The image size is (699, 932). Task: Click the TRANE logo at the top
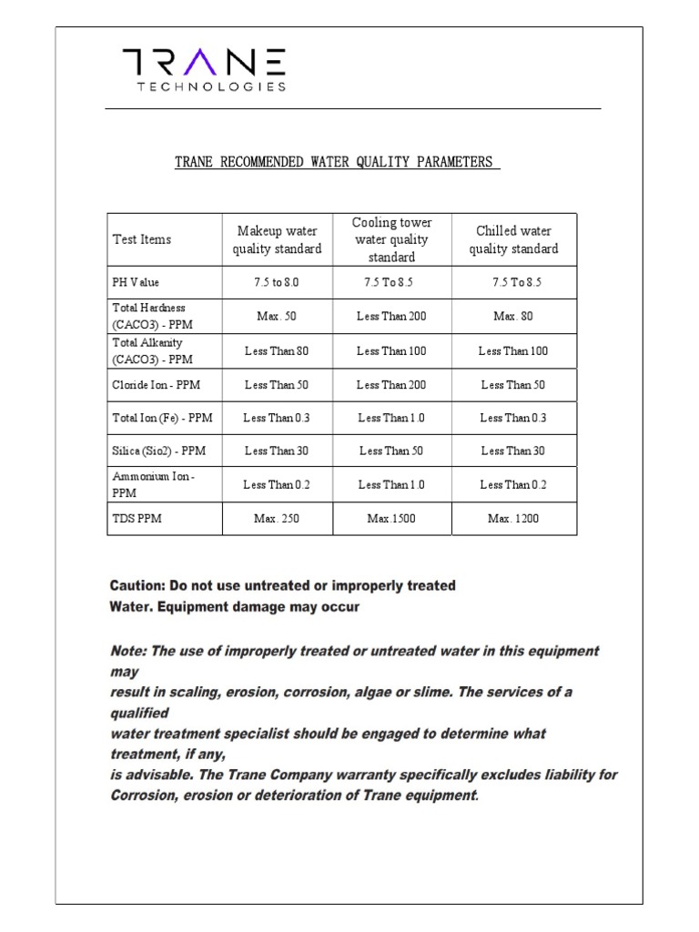[205, 62]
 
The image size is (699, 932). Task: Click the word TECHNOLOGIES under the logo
[211, 87]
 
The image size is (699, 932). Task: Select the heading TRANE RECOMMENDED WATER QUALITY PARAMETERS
[337, 162]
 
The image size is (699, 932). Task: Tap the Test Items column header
[142, 239]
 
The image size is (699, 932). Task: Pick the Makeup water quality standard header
[277, 239]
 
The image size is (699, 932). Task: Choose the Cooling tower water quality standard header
[391, 239]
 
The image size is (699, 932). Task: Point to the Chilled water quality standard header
[513, 239]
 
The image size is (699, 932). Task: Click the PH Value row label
[136, 282]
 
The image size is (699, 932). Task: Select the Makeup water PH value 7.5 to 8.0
[277, 282]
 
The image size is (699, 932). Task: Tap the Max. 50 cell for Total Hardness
[277, 316]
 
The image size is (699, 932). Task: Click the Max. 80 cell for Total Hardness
[513, 316]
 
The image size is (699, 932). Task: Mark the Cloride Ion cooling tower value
[391, 385]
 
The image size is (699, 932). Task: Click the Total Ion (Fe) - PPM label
[162, 418]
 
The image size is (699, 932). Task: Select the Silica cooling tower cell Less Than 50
[391, 451]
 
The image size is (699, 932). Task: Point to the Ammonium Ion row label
[153, 484]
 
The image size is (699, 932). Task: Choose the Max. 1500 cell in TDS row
[391, 519]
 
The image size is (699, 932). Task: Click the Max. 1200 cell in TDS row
[513, 519]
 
